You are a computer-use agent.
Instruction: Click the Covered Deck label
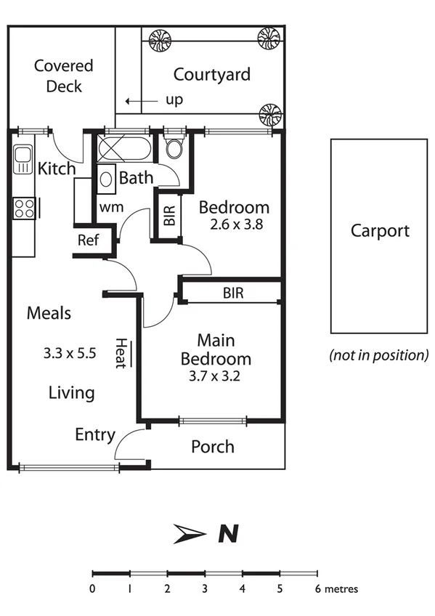tap(64, 76)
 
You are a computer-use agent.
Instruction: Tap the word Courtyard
tap(211, 74)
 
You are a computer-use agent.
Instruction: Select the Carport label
tap(380, 231)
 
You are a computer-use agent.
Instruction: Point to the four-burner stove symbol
tap(24, 208)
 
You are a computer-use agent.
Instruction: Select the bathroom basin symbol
tap(105, 177)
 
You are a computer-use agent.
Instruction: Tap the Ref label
tap(88, 240)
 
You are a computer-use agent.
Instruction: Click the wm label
tap(110, 207)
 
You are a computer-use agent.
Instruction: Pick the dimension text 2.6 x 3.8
tap(230, 224)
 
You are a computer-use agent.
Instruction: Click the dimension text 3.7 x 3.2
tap(216, 376)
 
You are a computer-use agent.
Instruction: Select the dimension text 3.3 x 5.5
tap(69, 354)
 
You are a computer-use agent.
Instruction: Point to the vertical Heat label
tap(121, 354)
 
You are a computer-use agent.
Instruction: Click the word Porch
tap(212, 446)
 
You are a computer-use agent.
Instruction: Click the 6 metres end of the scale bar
tap(317, 572)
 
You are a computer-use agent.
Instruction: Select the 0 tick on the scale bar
tap(92, 572)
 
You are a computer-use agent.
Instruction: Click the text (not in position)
tap(378, 355)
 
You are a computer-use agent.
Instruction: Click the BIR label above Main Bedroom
tap(233, 293)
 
